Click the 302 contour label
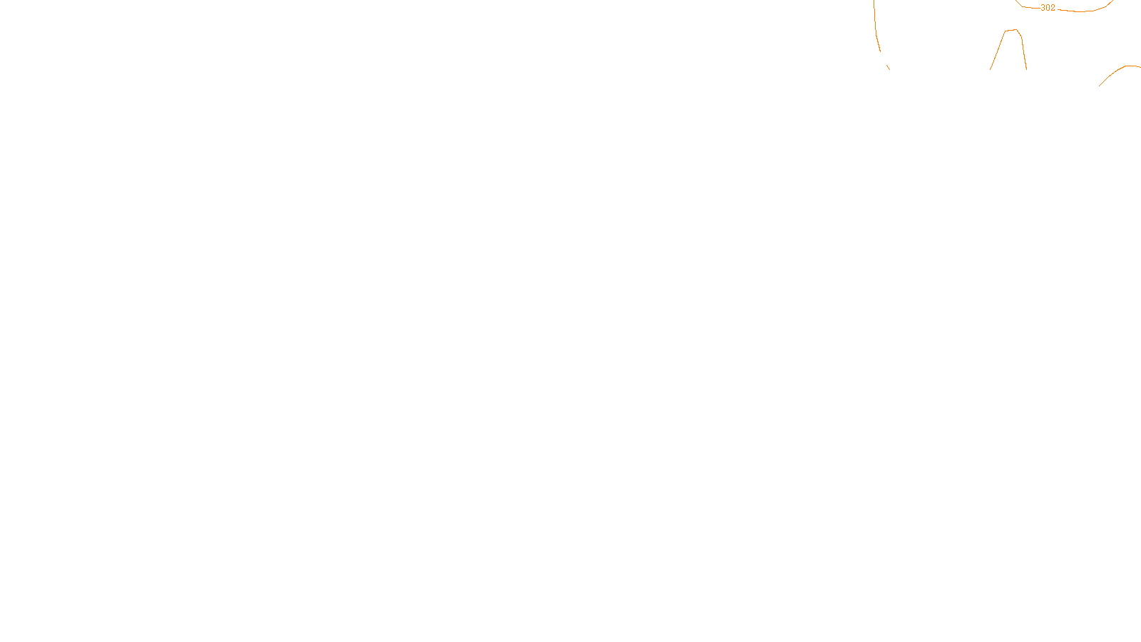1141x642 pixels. click(x=1048, y=8)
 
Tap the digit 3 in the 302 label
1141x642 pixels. click(x=1043, y=8)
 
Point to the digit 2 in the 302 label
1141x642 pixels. click(x=1053, y=8)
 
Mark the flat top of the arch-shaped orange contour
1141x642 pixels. click(x=1012, y=30)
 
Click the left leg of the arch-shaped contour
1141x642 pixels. click(x=998, y=50)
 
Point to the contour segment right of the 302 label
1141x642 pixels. click(x=1084, y=11)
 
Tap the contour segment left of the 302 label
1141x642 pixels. click(x=1028, y=6)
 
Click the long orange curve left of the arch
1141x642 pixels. click(x=876, y=29)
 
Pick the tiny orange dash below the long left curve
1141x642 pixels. click(x=888, y=67)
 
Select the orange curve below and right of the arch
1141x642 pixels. click(x=1116, y=72)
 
